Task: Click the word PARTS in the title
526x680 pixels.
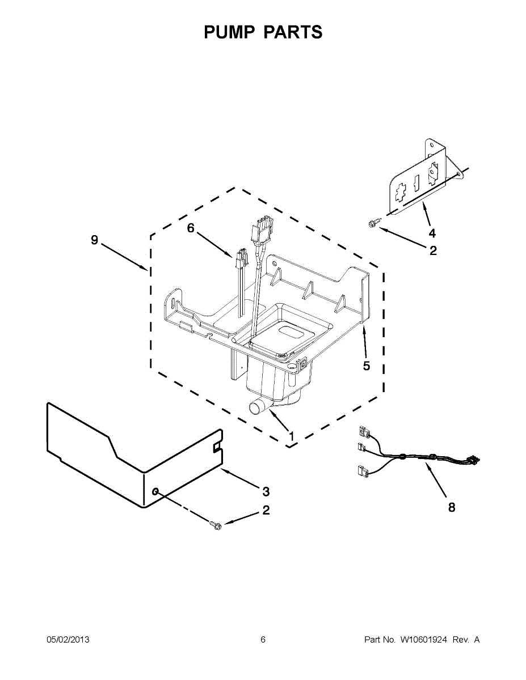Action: pos(293,32)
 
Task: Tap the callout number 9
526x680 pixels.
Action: pos(94,240)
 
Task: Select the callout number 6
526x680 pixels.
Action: pos(191,228)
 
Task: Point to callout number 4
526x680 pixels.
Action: pos(432,233)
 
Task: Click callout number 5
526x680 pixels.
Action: pos(367,365)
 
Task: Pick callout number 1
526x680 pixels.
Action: pos(291,436)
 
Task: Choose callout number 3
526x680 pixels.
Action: pos(266,492)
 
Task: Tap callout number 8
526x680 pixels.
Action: pos(452,507)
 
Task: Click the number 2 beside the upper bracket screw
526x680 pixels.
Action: pos(433,250)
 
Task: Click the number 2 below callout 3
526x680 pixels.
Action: pos(266,511)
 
